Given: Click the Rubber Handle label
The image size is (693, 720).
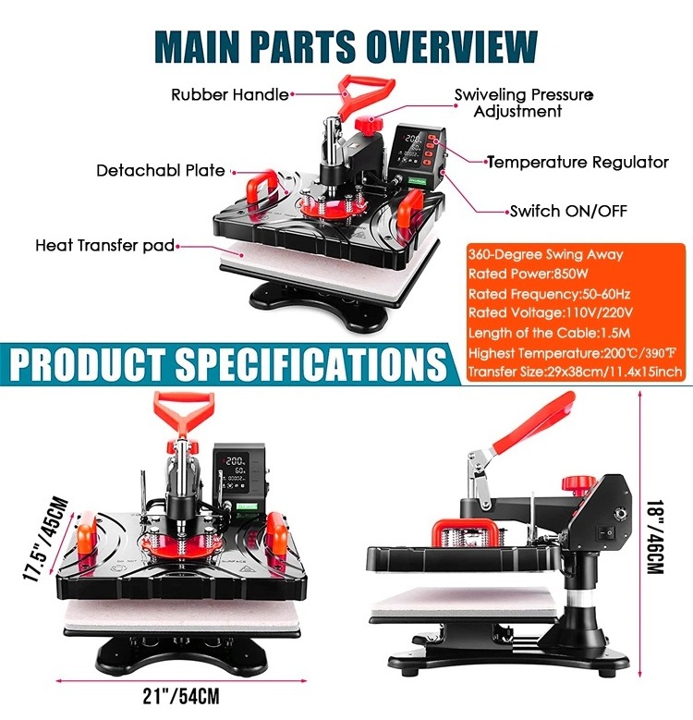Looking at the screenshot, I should [x=229, y=93].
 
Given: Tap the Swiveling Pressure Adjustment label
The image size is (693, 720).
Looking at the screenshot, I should [x=517, y=103].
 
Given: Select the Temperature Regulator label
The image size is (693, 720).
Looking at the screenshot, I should [x=577, y=162].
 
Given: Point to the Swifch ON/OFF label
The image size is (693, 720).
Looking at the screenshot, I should [x=568, y=211].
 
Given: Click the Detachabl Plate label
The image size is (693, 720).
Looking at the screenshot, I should [x=161, y=170].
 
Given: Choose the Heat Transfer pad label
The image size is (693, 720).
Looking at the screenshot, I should [x=104, y=246].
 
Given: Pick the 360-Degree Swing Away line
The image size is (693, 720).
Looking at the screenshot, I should [x=545, y=254].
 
